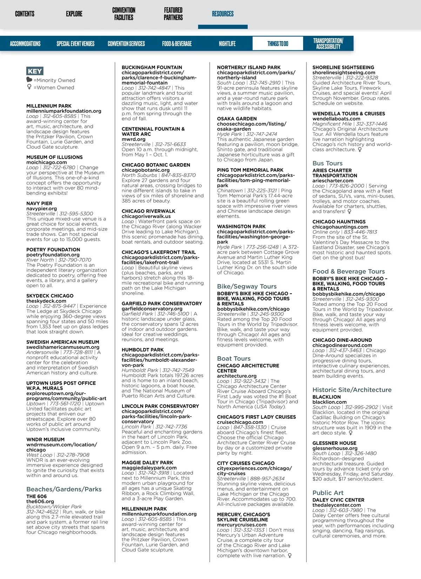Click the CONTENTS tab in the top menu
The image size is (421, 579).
coord(25,14)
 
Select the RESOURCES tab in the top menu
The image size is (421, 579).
coord(222,14)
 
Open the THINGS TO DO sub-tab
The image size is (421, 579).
coord(278,44)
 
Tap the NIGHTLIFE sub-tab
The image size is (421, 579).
coord(227,44)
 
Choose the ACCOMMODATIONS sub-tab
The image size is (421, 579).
coord(25,44)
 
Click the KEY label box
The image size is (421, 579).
coord(35,71)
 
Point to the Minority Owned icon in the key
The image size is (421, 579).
coord(29,80)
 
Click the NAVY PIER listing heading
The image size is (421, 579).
coord(39,204)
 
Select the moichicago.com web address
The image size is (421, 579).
coord(46,162)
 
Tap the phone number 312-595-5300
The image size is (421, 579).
coord(76,214)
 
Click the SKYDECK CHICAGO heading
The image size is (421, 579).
coord(50,296)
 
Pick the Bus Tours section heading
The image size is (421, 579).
coord(327,163)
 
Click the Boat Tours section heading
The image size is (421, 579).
coord(234,359)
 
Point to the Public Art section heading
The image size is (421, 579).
coord(328,493)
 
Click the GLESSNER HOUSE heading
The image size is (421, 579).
coord(334,443)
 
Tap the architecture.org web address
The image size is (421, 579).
coord(237,376)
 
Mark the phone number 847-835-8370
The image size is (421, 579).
coord(179,175)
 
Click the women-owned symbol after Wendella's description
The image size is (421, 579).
coord(360,149)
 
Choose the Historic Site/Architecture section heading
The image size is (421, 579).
coord(352,390)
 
